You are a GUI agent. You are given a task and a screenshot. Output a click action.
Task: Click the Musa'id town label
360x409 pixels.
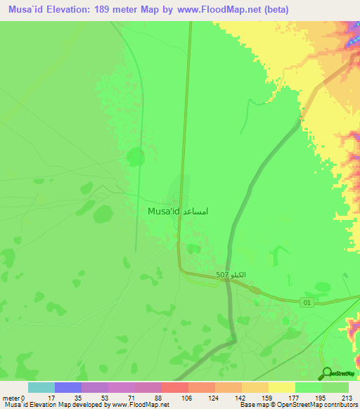(164, 211)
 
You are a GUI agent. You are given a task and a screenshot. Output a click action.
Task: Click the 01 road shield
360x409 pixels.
(307, 302)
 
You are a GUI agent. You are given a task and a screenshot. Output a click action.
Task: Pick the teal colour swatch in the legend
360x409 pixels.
(41, 387)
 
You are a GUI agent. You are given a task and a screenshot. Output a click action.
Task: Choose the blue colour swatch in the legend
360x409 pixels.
(68, 387)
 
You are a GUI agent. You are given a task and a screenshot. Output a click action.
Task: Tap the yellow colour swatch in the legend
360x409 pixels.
(282, 387)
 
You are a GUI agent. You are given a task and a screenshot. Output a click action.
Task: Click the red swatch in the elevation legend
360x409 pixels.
(175, 387)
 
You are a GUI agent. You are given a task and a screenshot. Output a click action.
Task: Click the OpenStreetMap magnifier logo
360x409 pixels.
(326, 374)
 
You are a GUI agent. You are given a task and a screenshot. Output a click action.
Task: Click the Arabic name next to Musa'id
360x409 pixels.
(196, 211)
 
